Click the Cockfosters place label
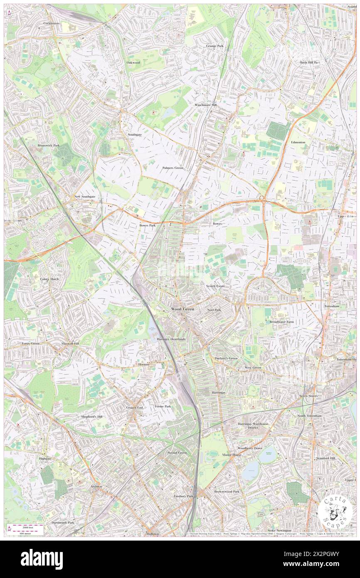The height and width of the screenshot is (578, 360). click(52, 23)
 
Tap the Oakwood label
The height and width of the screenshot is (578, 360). click(133, 62)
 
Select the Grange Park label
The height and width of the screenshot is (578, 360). click(215, 46)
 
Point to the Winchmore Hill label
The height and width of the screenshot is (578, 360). click(206, 105)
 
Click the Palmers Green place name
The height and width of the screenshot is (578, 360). click(173, 168)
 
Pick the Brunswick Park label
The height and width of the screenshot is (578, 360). click(49, 146)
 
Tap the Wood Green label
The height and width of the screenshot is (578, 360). click(182, 309)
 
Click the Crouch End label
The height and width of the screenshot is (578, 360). click(135, 408)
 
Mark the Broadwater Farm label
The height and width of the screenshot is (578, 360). click(283, 322)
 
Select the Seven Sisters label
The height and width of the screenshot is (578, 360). click(308, 396)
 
